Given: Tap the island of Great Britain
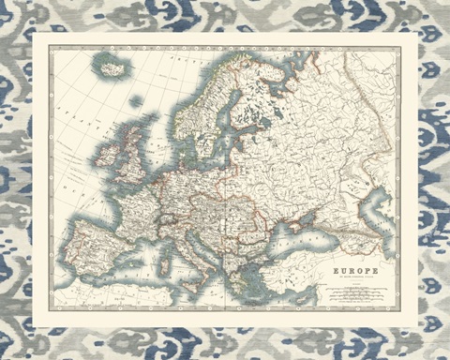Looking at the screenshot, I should tap(132, 155).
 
